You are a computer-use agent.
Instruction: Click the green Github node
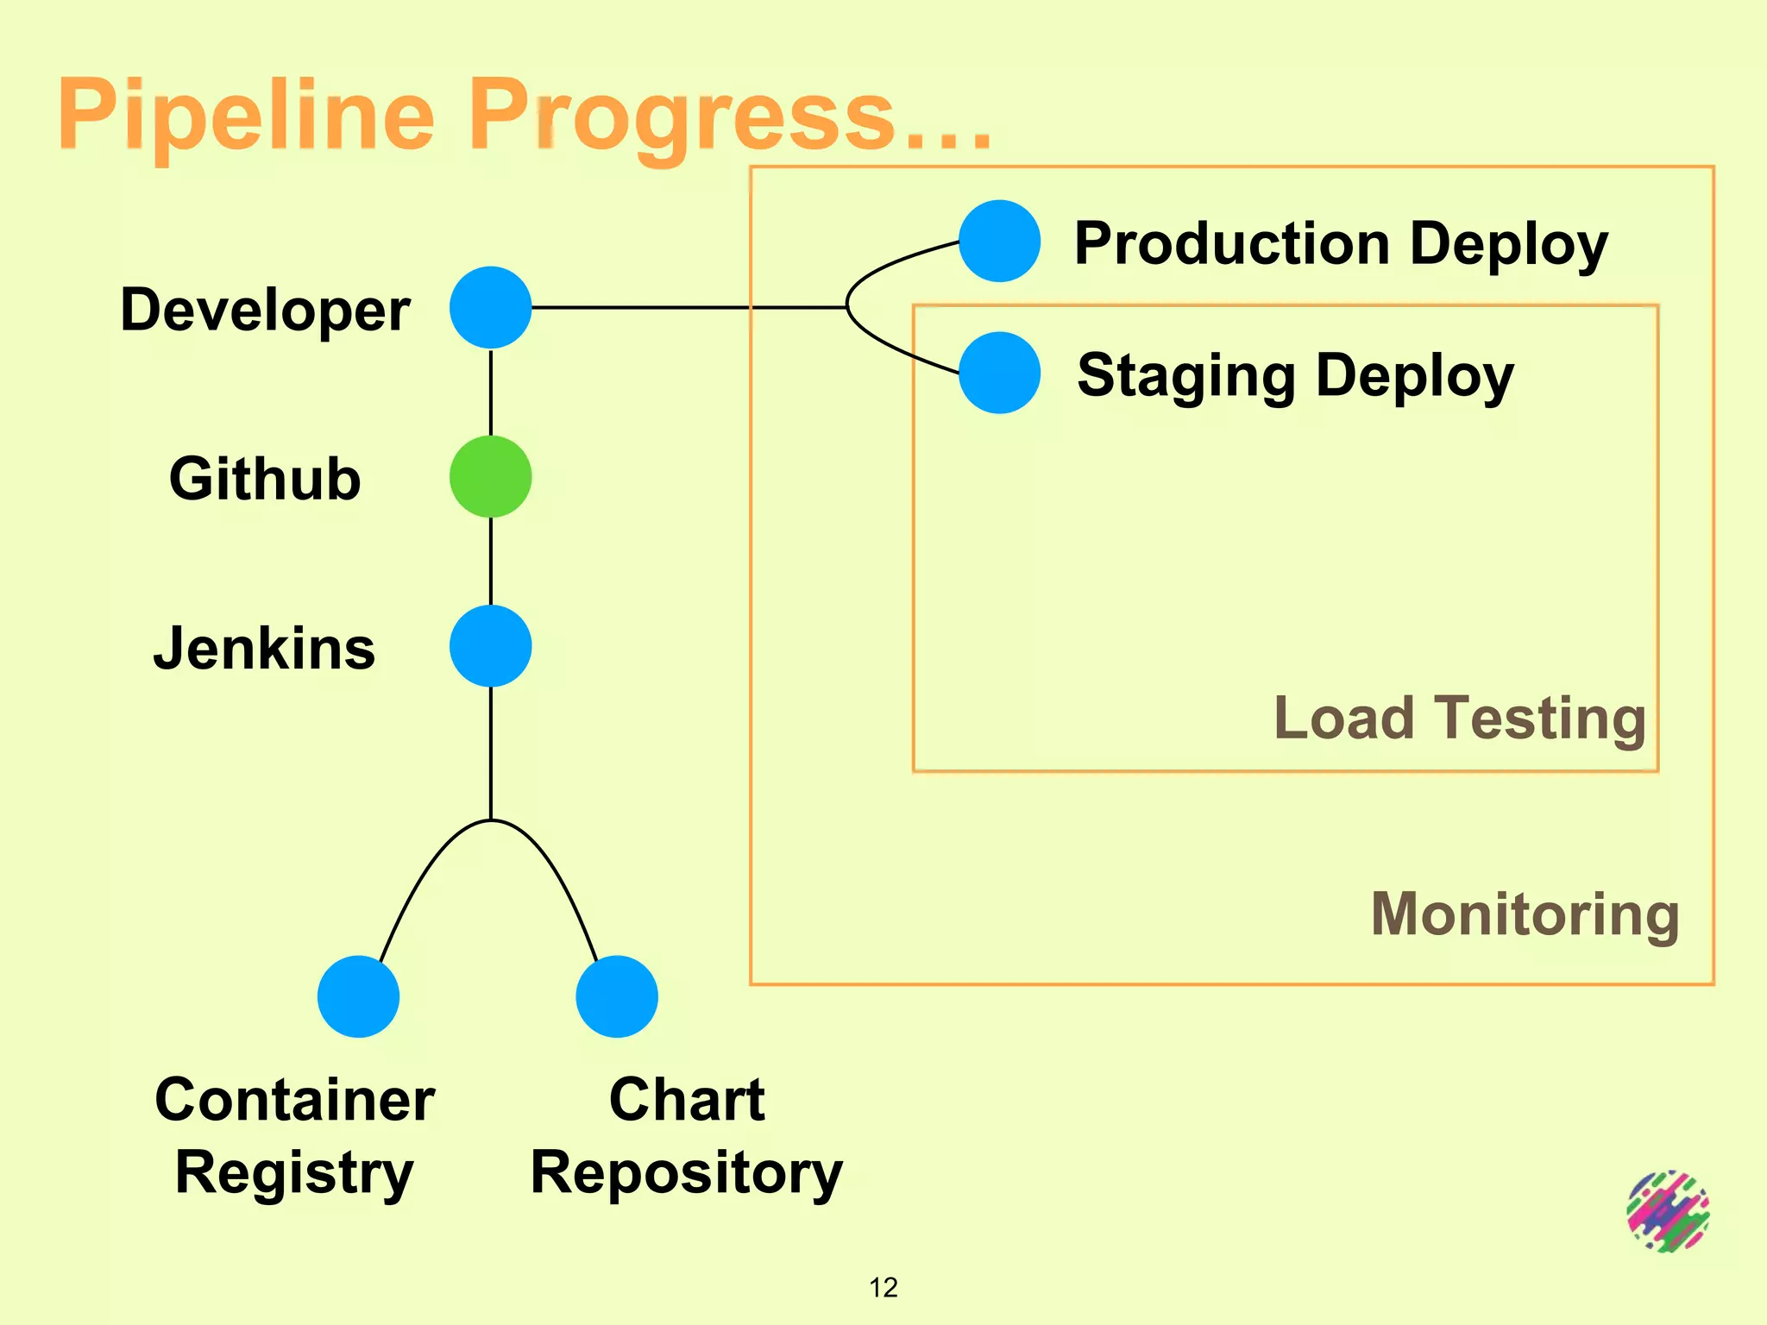point(490,477)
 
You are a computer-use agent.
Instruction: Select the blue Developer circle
point(490,308)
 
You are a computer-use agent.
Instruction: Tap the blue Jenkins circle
point(490,646)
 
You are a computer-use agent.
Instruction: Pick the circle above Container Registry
point(358,996)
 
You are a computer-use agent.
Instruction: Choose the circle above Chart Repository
point(617,996)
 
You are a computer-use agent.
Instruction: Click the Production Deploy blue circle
point(999,242)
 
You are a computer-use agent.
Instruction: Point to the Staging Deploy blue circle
point(999,373)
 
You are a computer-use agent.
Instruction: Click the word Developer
point(265,311)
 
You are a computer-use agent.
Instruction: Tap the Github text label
point(265,479)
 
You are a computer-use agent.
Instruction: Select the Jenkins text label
point(265,649)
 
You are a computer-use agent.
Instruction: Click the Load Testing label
point(1460,718)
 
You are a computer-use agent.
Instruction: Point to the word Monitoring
point(1525,914)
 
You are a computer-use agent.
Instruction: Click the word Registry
point(294,1173)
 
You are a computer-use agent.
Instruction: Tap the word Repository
point(686,1173)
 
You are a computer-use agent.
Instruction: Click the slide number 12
point(883,1287)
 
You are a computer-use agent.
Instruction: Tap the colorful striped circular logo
point(1668,1211)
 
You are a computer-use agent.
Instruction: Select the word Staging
point(1186,376)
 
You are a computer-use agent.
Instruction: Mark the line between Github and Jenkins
point(491,561)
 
